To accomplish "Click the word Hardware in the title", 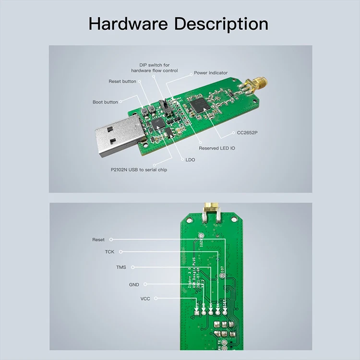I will coord(128,24).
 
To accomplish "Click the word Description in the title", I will coord(221,24).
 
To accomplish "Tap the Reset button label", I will coord(122,82).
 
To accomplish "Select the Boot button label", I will coord(105,102).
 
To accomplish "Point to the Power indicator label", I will coord(211,73).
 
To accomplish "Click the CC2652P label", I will coord(247,132).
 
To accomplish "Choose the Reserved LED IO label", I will coord(217,148).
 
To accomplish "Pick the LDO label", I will coord(190,159).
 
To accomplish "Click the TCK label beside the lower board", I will coord(110,252).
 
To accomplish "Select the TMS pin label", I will coord(121,267).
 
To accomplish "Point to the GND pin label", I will coord(134,285).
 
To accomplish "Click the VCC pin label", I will coord(145,299).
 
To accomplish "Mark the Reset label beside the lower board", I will coord(98,240).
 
